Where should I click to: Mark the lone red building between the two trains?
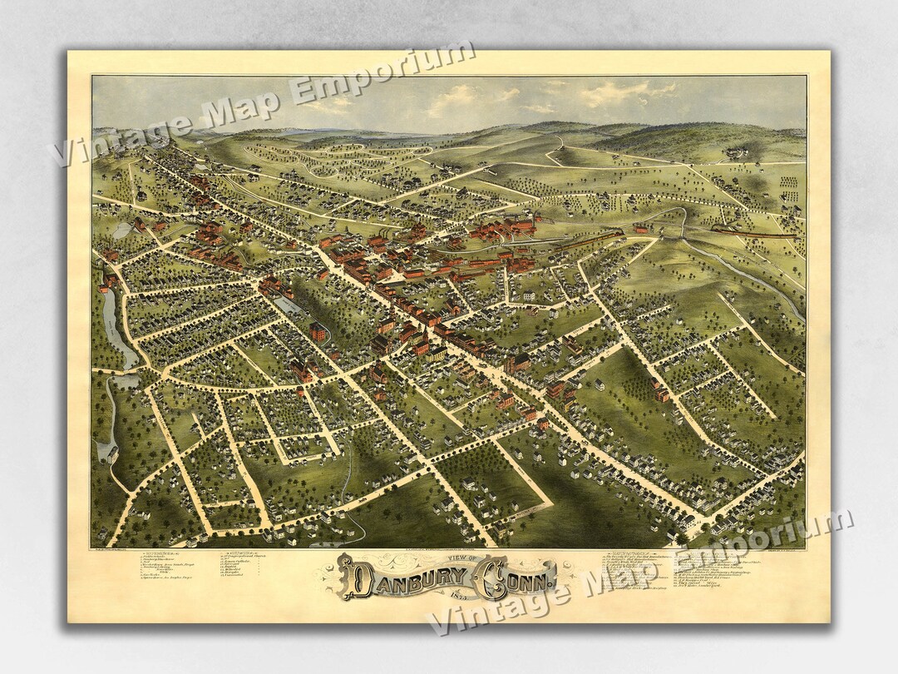pos(641,228)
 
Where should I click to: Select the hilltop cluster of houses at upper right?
pos(735,152)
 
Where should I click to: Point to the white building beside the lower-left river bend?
pos(107,454)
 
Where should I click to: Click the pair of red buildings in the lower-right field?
pos(661,392)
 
